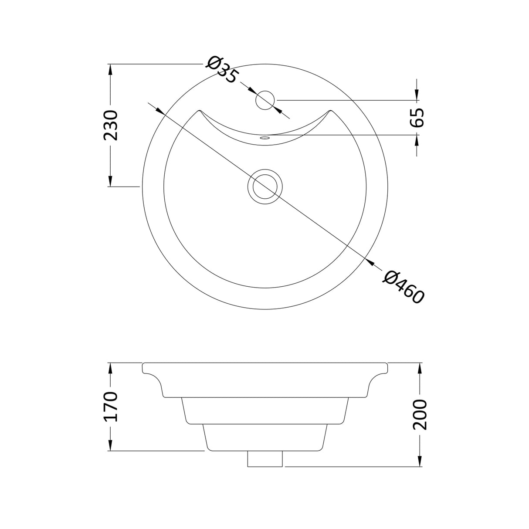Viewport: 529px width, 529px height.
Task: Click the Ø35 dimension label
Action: click(x=222, y=70)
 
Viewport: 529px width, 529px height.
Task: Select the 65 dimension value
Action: click(x=417, y=117)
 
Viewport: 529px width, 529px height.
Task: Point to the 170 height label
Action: click(x=111, y=407)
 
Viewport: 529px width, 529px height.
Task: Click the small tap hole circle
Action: click(x=264, y=100)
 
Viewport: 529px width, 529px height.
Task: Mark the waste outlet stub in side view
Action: click(x=265, y=459)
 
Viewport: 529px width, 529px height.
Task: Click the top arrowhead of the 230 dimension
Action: click(x=111, y=69)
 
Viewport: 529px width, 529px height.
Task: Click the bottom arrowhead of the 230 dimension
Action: click(x=111, y=181)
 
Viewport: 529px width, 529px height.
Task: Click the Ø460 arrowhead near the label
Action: click(x=370, y=262)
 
